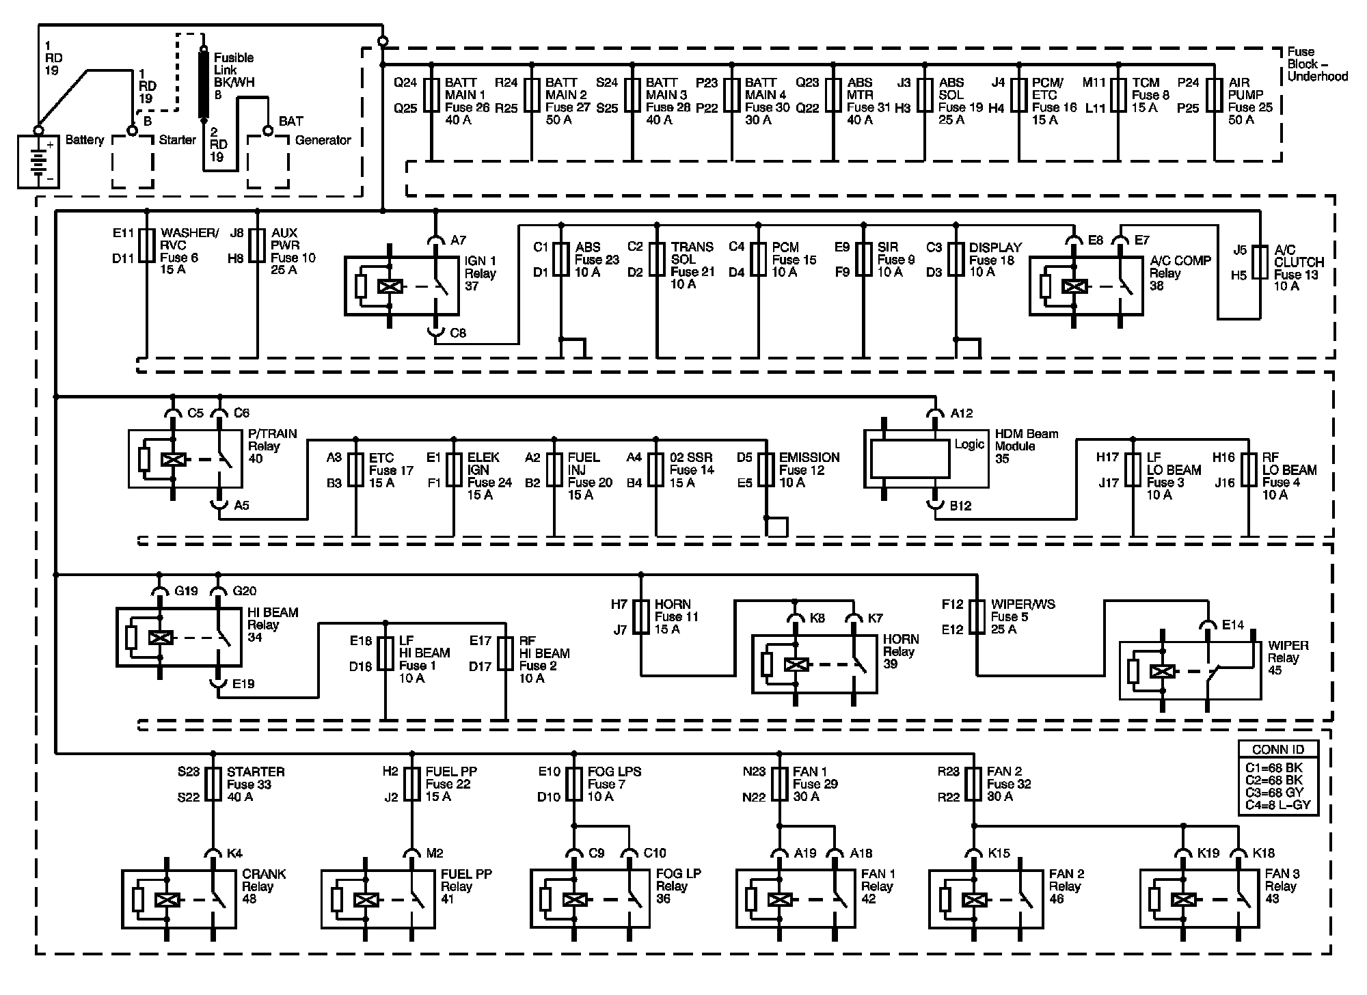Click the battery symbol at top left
point(38,162)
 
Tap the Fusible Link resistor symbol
point(203,83)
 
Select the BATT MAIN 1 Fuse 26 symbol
point(431,96)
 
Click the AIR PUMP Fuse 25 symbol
point(1215,96)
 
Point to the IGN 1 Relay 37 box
point(401,286)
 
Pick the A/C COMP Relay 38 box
point(1086,286)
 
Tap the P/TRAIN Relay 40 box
point(185,459)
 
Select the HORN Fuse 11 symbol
point(640,617)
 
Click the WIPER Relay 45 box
point(1190,670)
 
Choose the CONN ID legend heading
point(1278,750)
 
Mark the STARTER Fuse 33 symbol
point(213,784)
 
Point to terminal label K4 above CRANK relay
point(234,853)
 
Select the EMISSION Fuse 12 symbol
point(766,469)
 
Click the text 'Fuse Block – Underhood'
point(1316,64)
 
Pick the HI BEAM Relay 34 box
point(178,637)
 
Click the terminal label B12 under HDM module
point(960,506)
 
